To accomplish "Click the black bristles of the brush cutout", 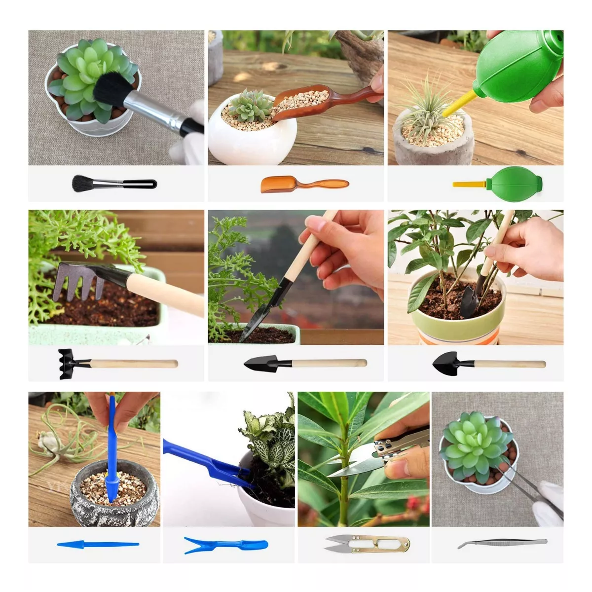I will click(x=83, y=184).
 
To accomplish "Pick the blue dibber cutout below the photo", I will click(x=98, y=545).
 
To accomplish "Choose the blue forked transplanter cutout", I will click(x=225, y=545).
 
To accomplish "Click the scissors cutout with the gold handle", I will click(x=367, y=544).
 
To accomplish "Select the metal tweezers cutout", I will click(x=502, y=543).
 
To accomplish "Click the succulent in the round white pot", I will click(x=250, y=106).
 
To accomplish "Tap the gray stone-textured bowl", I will click(x=114, y=498).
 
